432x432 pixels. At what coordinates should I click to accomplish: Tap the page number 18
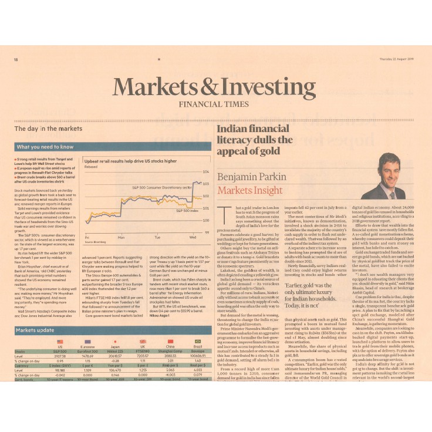16,59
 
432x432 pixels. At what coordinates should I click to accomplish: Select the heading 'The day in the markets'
48,128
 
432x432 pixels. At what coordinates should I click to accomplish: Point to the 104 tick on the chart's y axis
205,172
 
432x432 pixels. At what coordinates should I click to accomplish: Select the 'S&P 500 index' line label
187,210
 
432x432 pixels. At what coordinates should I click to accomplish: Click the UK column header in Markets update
141,347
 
